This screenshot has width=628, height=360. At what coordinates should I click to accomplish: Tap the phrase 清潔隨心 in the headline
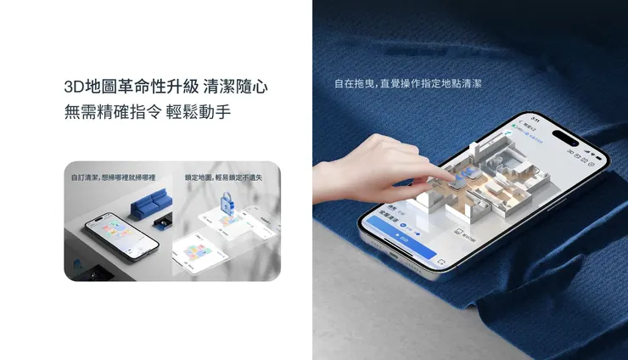240,87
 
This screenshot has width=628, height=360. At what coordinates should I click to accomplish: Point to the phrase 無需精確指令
111,112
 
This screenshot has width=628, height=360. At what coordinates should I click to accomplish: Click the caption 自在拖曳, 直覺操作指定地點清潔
408,85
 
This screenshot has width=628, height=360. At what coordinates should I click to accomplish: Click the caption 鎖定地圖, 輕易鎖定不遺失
224,177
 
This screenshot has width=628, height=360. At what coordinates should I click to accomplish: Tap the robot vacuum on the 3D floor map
465,181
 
